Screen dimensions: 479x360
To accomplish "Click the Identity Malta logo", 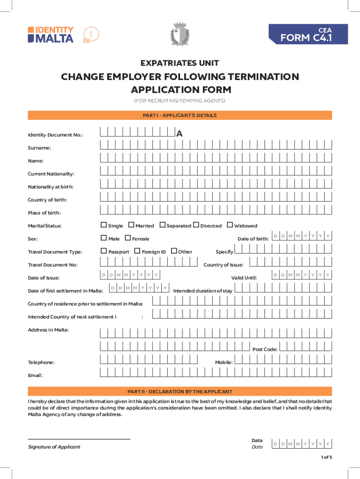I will coord(51,35).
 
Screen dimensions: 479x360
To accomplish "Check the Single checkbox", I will coord(104,225).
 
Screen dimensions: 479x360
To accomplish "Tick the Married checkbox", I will coord(131,225).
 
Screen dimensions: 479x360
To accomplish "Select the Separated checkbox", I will coord(162,225).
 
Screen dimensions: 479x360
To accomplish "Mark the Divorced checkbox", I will coord(196,225).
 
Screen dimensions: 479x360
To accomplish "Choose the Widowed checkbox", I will coord(230,225).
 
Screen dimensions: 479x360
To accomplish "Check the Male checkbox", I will coord(104,239).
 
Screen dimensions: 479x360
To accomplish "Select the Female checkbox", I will coord(128,239).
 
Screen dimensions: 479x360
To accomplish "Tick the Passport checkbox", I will coord(104,251).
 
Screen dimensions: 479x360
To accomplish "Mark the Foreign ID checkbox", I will coord(137,251).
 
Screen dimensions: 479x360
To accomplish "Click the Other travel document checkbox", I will coord(174,251).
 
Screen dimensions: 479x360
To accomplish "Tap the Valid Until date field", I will coord(302,275).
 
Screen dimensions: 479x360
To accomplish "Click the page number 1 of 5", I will coord(326,457).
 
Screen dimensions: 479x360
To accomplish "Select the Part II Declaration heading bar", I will coord(180,392).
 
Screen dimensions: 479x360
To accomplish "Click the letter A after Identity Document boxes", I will coord(179,134).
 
